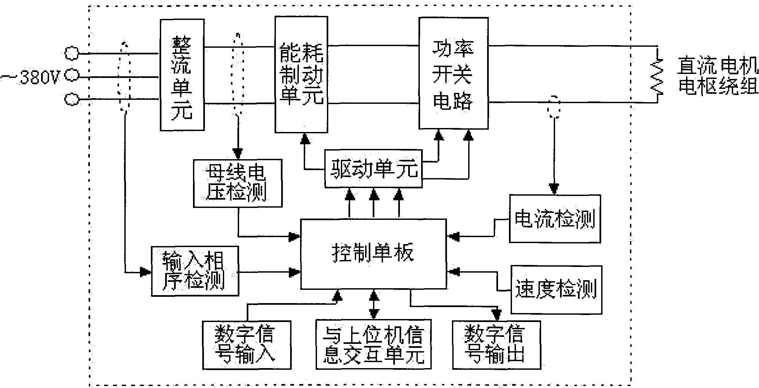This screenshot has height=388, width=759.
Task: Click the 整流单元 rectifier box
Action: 182,75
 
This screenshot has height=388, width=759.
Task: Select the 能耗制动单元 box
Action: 301,75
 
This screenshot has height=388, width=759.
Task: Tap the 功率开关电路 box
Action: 453,73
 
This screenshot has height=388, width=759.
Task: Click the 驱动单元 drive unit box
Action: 374,169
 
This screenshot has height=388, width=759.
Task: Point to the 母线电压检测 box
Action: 238,183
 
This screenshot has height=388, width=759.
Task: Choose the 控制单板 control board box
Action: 373,253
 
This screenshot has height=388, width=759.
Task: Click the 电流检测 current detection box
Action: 555,219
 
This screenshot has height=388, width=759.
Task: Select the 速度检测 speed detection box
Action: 556,289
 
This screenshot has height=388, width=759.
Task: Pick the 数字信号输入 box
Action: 247,345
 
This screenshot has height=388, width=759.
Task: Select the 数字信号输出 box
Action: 496,345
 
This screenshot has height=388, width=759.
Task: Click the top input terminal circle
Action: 71,53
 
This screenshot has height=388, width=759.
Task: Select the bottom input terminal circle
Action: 71,99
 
